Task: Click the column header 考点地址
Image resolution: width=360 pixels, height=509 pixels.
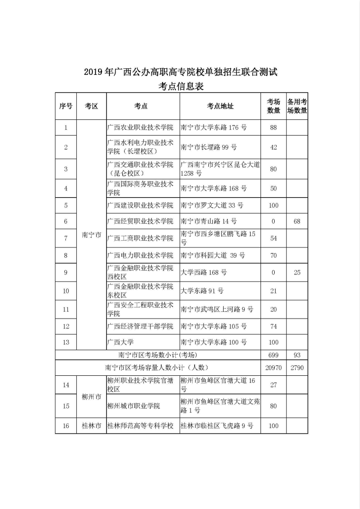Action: point(220,106)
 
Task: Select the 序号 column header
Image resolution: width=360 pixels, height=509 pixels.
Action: point(66,106)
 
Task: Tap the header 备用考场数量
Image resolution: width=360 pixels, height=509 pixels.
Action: point(297,106)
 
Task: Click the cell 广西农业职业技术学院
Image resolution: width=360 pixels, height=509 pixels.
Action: point(141,127)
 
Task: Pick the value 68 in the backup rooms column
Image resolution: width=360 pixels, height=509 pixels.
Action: point(297,221)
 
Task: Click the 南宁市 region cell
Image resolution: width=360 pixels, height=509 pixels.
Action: point(91,235)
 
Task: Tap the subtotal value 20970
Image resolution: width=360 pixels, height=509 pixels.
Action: point(273,368)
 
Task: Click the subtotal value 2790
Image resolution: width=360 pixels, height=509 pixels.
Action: point(297,368)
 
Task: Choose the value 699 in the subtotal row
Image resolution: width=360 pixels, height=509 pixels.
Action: point(273,355)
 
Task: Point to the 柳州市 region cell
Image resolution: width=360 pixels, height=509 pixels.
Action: point(91,397)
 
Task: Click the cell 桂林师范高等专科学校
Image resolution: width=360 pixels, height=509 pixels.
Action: point(141,426)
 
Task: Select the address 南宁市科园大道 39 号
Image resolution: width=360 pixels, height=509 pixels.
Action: point(213,255)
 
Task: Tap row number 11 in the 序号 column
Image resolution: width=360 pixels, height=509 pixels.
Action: point(66,309)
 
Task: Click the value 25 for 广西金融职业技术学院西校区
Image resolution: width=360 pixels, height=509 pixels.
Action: point(297,273)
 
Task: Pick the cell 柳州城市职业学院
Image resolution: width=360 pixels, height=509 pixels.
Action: point(134,406)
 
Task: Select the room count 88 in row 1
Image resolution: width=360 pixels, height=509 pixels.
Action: point(273,127)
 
